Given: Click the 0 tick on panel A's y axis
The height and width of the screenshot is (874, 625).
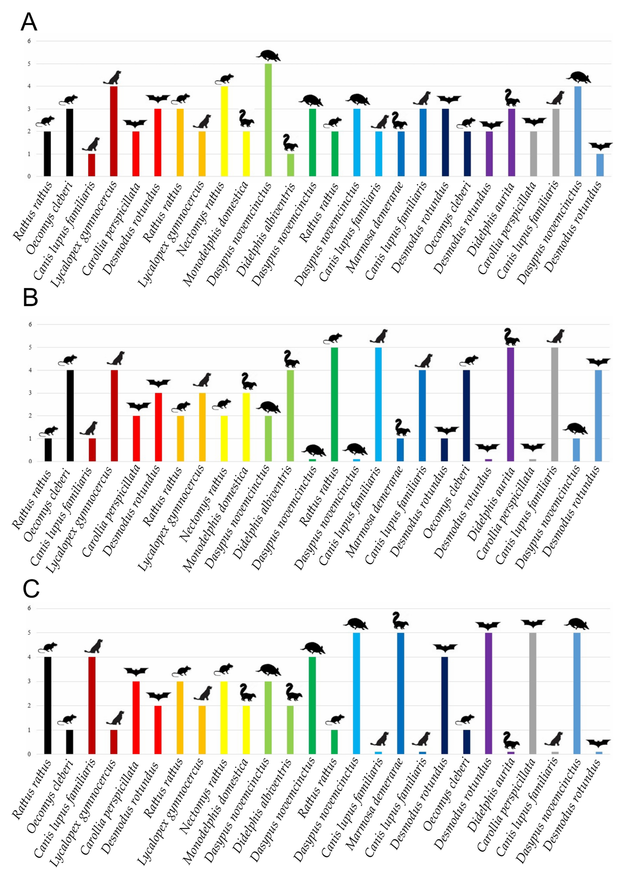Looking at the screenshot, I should click(29, 176).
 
